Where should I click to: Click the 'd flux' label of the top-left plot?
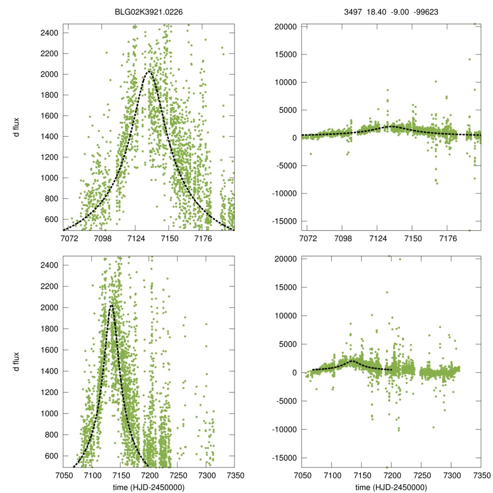pyautogui.click(x=16, y=127)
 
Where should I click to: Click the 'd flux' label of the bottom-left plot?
pyautogui.click(x=16, y=360)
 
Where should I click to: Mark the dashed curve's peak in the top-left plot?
pyautogui.click(x=148, y=72)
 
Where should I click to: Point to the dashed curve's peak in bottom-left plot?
pyautogui.click(x=111, y=305)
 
